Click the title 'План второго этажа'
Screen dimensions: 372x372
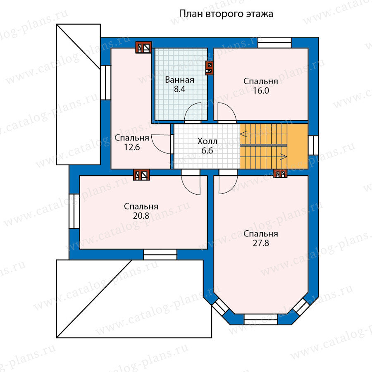(226, 14)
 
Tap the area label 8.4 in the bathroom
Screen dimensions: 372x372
(180, 89)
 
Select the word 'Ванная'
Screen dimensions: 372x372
(180, 80)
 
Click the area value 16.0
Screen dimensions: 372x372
(261, 91)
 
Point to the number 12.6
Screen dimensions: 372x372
(132, 147)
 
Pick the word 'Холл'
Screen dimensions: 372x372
(207, 141)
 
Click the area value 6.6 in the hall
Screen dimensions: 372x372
(207, 150)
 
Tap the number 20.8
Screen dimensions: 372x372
(141, 216)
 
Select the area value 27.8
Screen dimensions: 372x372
(261, 243)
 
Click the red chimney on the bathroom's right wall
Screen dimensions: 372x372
(209, 68)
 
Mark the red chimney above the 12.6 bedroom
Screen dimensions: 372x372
(143, 48)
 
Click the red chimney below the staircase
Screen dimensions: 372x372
(280, 174)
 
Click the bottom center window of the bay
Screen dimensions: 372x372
(260, 320)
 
